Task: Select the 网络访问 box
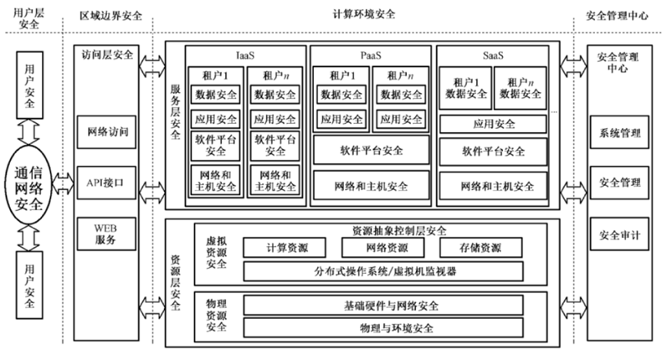108,133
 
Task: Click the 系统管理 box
619,133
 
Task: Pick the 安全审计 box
619,235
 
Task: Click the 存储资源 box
480,249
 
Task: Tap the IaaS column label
246,55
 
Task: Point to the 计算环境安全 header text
364,15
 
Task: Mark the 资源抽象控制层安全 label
394,230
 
